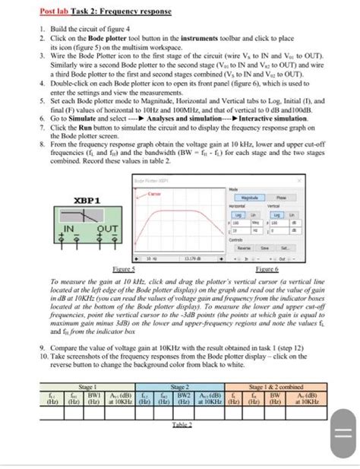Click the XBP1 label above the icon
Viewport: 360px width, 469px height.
pos(88,200)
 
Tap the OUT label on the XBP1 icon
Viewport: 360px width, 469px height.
pos(106,227)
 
